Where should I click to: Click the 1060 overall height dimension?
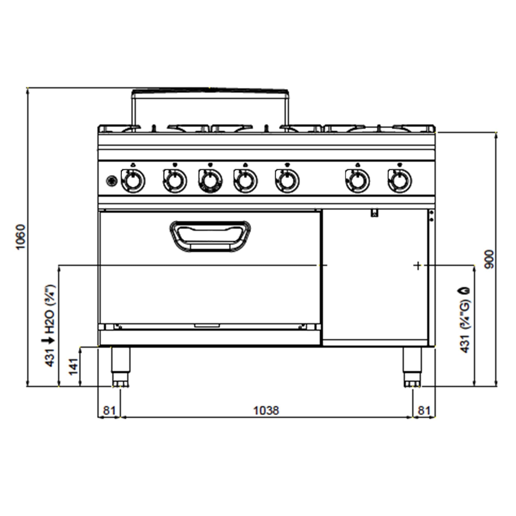[21, 237]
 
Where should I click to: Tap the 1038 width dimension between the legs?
[266, 410]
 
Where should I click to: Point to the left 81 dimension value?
[109, 410]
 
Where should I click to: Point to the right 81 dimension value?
[424, 410]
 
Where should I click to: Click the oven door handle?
[210, 236]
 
